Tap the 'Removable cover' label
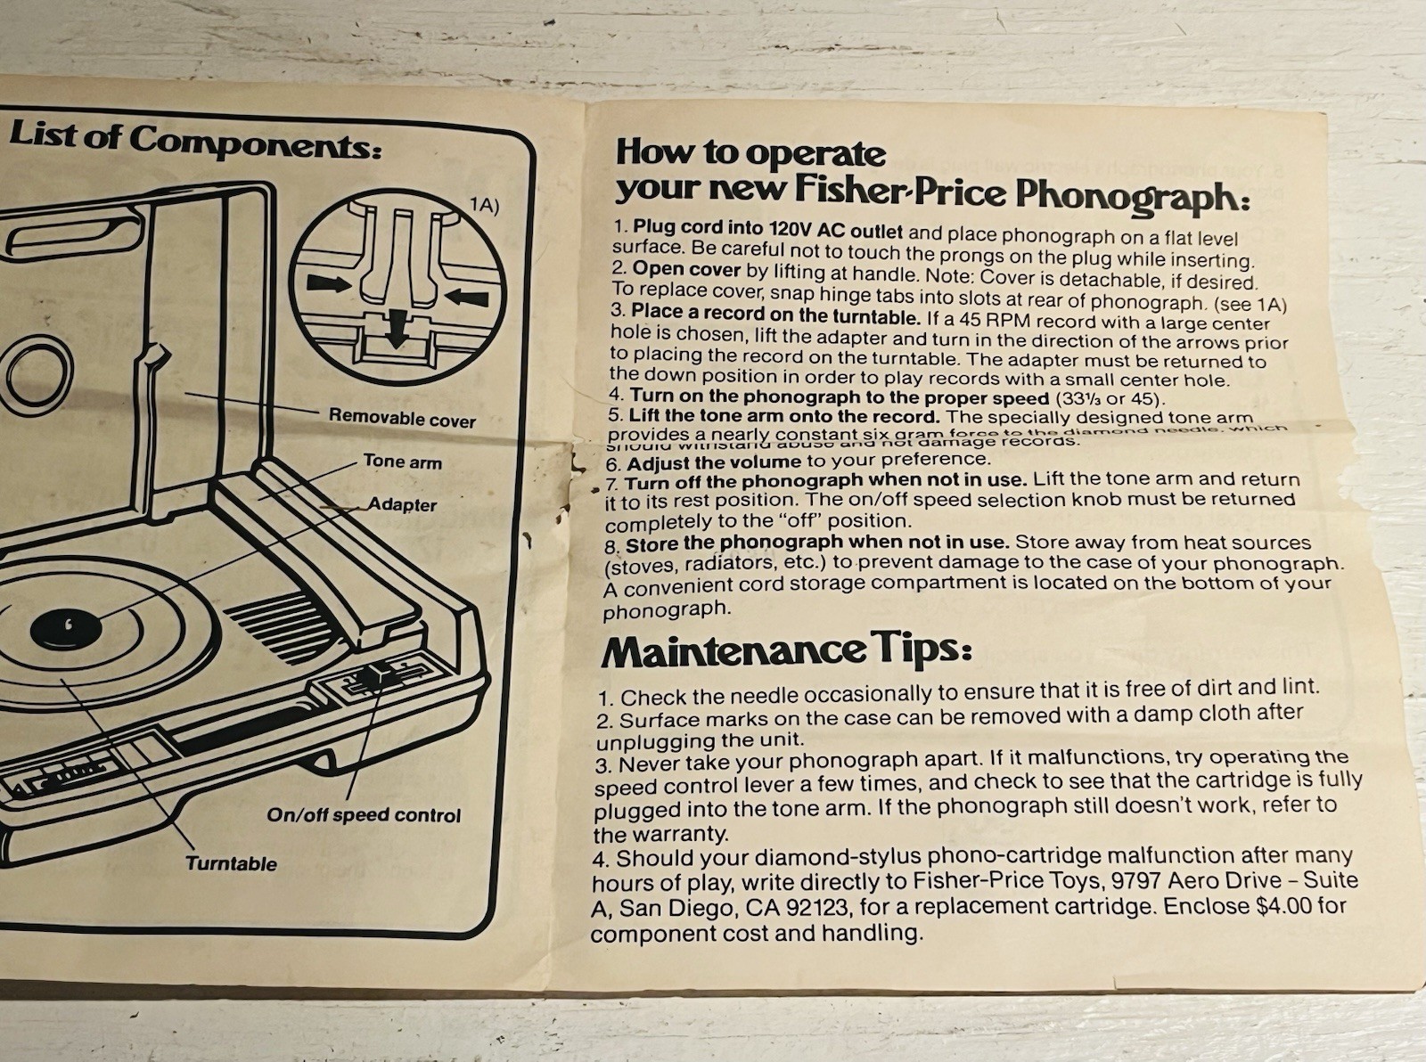pos(402,418)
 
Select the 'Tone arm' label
pos(402,462)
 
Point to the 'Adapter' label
pos(402,504)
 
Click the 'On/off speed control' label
pos(364,814)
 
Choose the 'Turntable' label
pos(231,862)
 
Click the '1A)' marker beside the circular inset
pos(484,206)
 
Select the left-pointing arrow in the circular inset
pos(466,295)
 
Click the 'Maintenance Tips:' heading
pos(785,651)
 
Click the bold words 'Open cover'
pos(686,269)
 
